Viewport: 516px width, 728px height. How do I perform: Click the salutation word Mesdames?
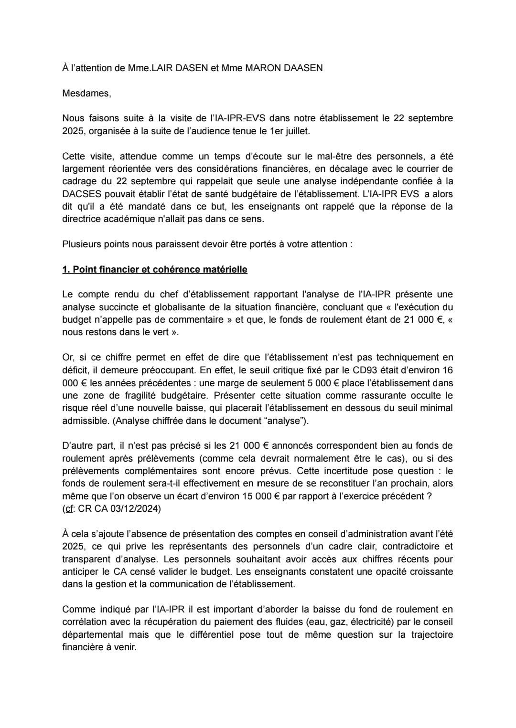click(86, 93)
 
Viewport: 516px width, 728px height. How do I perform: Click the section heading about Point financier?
click(155, 269)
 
